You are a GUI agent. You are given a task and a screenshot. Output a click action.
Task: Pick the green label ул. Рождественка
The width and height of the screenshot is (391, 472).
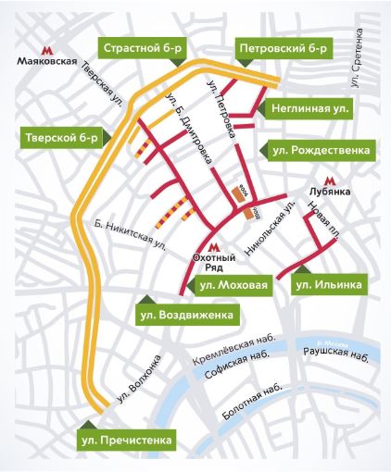coord(322,148)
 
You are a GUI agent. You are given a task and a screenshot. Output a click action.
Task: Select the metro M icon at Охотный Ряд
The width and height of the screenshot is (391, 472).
coord(214,248)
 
